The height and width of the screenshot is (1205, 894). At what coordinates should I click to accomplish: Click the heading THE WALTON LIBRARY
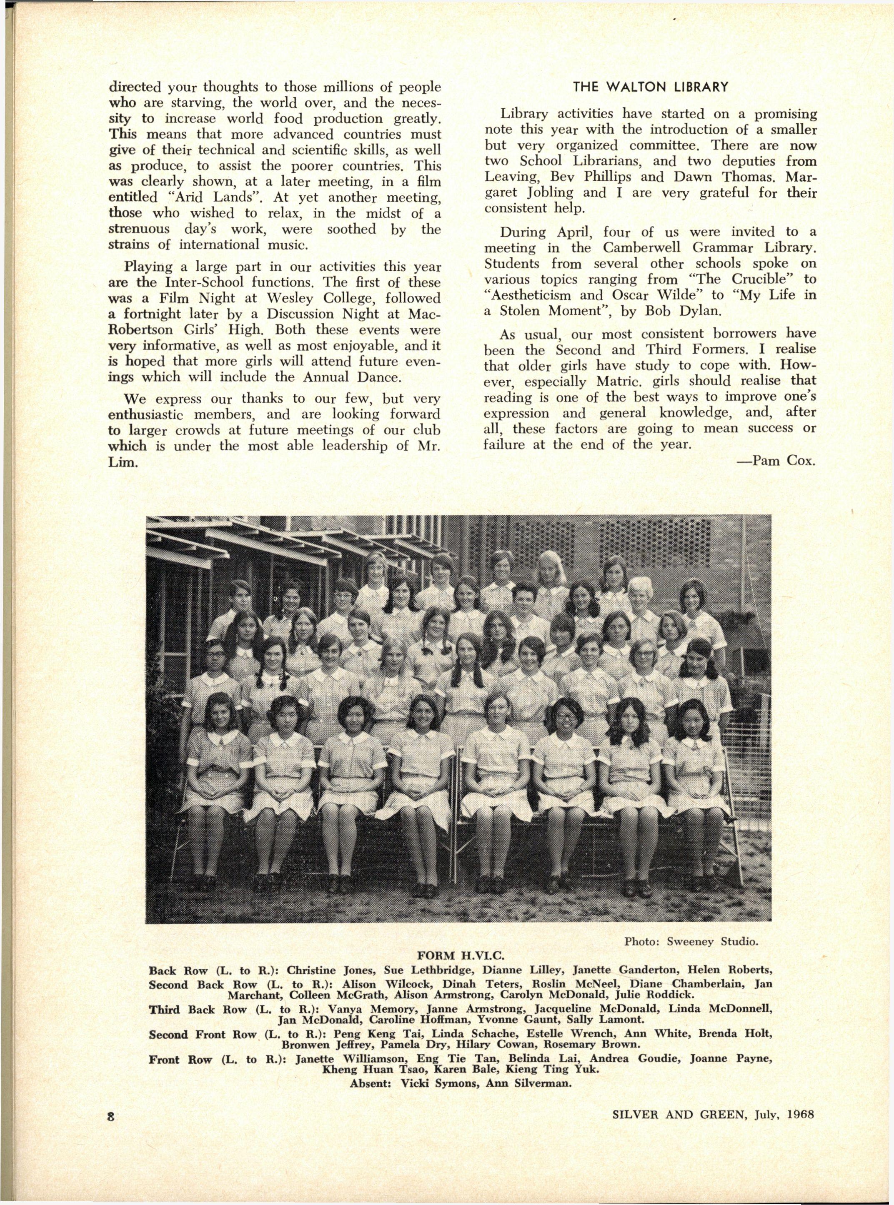[x=651, y=87]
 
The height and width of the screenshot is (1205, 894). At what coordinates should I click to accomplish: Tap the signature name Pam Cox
[x=784, y=462]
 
